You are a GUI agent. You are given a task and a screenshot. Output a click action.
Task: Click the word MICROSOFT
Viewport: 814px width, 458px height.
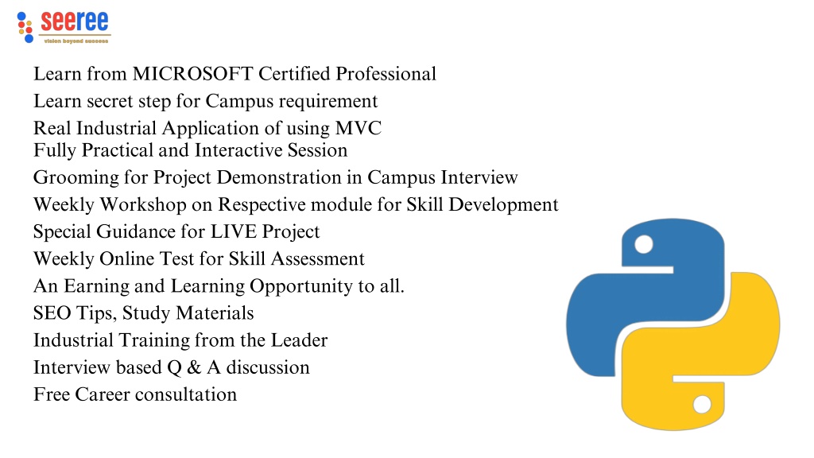pos(192,74)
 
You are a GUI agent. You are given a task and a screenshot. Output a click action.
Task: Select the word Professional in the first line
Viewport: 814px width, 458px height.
pos(386,74)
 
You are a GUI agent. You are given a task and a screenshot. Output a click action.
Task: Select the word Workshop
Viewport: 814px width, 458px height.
pos(143,205)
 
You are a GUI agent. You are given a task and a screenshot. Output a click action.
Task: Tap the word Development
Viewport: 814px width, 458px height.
pos(503,205)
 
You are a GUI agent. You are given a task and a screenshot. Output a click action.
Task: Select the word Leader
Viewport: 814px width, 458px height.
pos(300,340)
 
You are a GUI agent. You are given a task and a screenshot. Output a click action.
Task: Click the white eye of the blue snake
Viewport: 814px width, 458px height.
pos(644,244)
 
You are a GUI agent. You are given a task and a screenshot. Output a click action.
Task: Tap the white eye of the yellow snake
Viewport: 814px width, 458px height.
pos(702,404)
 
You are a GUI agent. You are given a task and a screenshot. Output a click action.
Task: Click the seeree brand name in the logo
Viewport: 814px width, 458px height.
pos(75,21)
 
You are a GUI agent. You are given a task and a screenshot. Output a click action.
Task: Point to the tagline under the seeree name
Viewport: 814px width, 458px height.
pos(76,41)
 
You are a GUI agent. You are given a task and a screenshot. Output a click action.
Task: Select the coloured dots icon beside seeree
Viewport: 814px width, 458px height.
pos(25,28)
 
